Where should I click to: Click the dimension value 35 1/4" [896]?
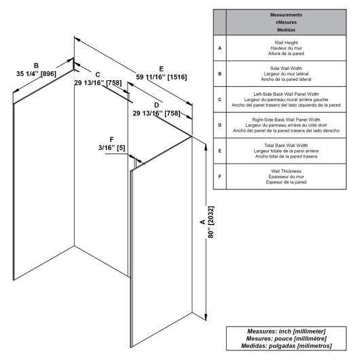click(36, 74)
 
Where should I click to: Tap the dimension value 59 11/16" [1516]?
click(162, 77)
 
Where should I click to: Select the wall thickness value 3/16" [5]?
click(111, 147)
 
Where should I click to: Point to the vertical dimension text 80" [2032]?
click(211, 222)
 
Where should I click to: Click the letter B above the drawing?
click(36, 66)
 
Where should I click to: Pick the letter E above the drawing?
click(162, 69)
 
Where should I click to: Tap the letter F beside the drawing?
click(111, 140)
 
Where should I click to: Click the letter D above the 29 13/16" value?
click(156, 105)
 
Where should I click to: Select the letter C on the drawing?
click(98, 75)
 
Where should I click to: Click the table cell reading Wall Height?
click(286, 48)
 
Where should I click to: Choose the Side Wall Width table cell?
click(286, 74)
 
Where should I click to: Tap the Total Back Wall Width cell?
click(286, 151)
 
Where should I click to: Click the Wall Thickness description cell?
click(286, 177)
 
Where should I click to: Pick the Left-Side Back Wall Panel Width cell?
click(286, 99)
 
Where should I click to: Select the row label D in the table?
click(219, 125)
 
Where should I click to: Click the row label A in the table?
click(219, 48)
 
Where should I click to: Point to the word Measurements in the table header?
click(286, 15)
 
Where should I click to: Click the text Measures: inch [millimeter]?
click(286, 331)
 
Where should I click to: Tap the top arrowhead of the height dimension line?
click(206, 147)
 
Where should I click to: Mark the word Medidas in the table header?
click(286, 30)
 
